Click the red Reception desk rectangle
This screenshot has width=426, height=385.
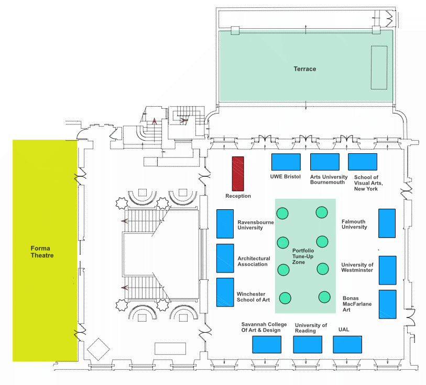pyautogui.click(x=238, y=174)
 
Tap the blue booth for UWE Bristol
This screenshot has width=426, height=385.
pyautogui.click(x=286, y=162)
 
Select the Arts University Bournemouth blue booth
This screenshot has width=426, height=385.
pyautogui.click(x=325, y=162)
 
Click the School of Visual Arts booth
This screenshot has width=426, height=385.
pyautogui.click(x=363, y=162)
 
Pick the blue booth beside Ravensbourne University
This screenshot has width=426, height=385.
pyautogui.click(x=225, y=224)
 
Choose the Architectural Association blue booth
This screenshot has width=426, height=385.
pyautogui.click(x=225, y=258)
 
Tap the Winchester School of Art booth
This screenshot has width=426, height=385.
pyautogui.click(x=225, y=292)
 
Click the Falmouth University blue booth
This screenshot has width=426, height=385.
pyautogui.click(x=387, y=223)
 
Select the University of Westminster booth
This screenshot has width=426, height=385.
pyautogui.click(x=387, y=270)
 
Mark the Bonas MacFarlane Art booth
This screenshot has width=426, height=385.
pyautogui.click(x=387, y=304)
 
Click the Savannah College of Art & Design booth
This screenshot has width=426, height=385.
pyautogui.click(x=267, y=345)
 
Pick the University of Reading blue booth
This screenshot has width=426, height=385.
pyautogui.click(x=308, y=345)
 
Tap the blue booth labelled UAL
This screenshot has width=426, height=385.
pyautogui.click(x=347, y=345)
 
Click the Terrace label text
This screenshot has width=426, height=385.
pyautogui.click(x=305, y=69)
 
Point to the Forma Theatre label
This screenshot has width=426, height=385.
pyautogui.click(x=42, y=252)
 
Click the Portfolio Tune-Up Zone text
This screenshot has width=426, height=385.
pyautogui.click(x=303, y=256)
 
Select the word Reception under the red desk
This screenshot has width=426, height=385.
pyautogui.click(x=238, y=196)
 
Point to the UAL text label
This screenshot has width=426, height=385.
pyautogui.click(x=344, y=330)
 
